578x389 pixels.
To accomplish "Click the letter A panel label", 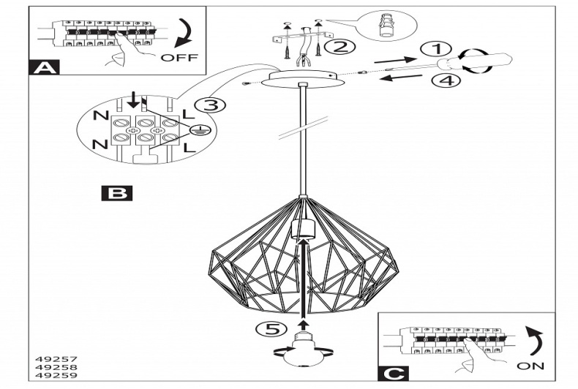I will click(x=45, y=68).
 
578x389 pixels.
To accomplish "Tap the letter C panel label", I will click(x=394, y=374).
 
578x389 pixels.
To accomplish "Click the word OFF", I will click(x=179, y=58).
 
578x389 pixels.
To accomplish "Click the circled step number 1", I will click(x=437, y=50).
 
